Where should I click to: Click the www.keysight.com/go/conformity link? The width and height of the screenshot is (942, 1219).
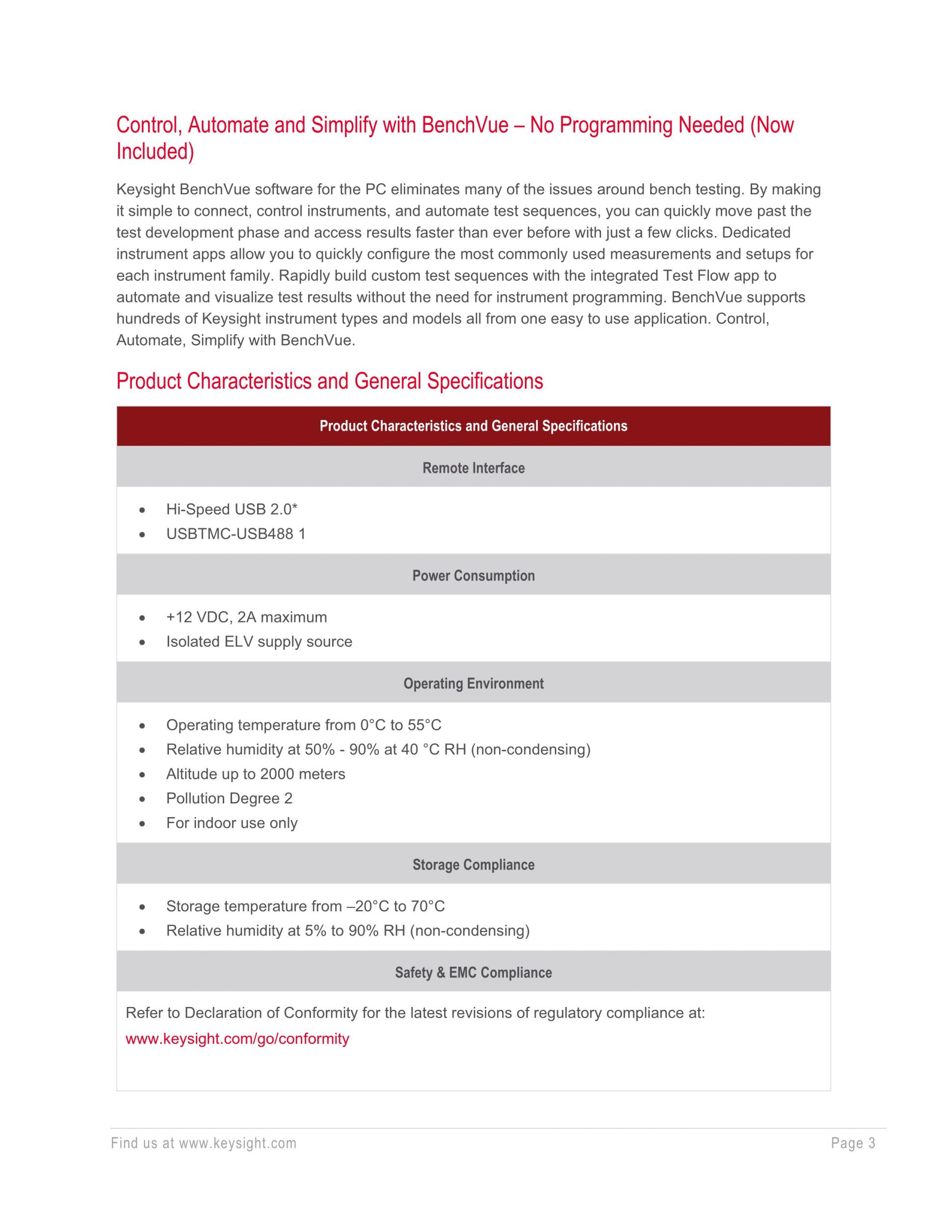pos(237,1039)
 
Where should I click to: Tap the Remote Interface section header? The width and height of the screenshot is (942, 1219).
pos(473,468)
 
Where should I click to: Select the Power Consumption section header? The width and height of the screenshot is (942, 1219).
pos(473,576)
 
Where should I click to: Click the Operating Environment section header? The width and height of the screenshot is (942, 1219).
pos(473,683)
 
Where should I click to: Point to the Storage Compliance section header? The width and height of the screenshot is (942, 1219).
pos(473,865)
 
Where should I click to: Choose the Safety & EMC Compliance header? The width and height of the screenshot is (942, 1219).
pos(473,972)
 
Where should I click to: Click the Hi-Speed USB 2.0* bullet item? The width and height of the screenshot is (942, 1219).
pos(232,509)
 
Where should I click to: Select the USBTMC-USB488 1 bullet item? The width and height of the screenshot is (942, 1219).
pos(235,533)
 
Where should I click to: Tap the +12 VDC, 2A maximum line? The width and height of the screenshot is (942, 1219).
pos(246,617)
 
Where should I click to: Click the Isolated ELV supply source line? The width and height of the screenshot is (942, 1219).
pos(259,641)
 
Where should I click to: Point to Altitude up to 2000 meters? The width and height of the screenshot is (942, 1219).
pos(256,773)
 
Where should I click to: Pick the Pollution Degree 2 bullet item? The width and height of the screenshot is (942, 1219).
pos(229,798)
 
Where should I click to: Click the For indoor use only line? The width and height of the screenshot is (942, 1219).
pos(232,822)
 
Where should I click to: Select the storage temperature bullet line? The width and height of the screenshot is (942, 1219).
pos(305,906)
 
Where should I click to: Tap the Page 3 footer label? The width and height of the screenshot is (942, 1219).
pos(853,1143)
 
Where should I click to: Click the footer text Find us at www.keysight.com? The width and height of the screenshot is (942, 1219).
pos(204,1143)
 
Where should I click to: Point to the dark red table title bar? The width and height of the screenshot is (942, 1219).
pos(473,426)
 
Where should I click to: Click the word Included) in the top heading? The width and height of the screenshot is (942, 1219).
pos(155,151)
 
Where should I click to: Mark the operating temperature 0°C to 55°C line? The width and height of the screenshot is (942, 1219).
pos(304,724)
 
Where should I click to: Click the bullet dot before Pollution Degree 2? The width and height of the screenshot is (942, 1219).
pos(143,799)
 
